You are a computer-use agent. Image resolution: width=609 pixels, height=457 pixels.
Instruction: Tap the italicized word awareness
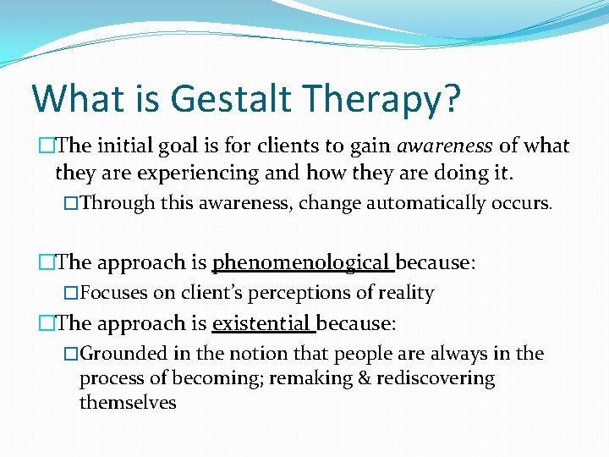[x=445, y=146]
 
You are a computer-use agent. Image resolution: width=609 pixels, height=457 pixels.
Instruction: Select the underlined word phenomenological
[x=303, y=263]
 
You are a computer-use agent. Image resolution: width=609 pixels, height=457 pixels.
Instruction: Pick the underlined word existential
[x=263, y=323]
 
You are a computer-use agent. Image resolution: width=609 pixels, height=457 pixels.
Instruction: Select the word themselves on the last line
[x=128, y=403]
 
